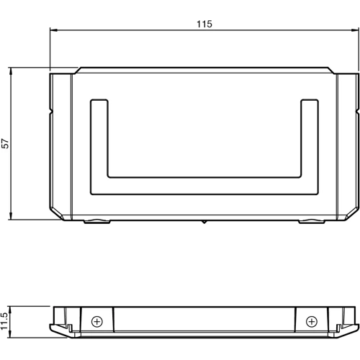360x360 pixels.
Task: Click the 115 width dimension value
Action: click(204, 24)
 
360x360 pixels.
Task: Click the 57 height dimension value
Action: click(6, 143)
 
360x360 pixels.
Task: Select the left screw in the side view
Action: click(98, 321)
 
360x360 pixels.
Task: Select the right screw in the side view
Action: click(311, 321)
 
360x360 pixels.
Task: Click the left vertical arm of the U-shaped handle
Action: click(99, 144)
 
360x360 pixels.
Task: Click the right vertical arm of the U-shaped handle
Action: click(310, 144)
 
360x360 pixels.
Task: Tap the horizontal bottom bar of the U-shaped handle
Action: click(204, 185)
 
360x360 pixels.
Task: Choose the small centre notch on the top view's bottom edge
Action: click(204, 222)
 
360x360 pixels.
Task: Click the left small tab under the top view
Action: click(96, 221)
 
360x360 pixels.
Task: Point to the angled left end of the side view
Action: click(57, 330)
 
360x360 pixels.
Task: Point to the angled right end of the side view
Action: click(352, 330)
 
